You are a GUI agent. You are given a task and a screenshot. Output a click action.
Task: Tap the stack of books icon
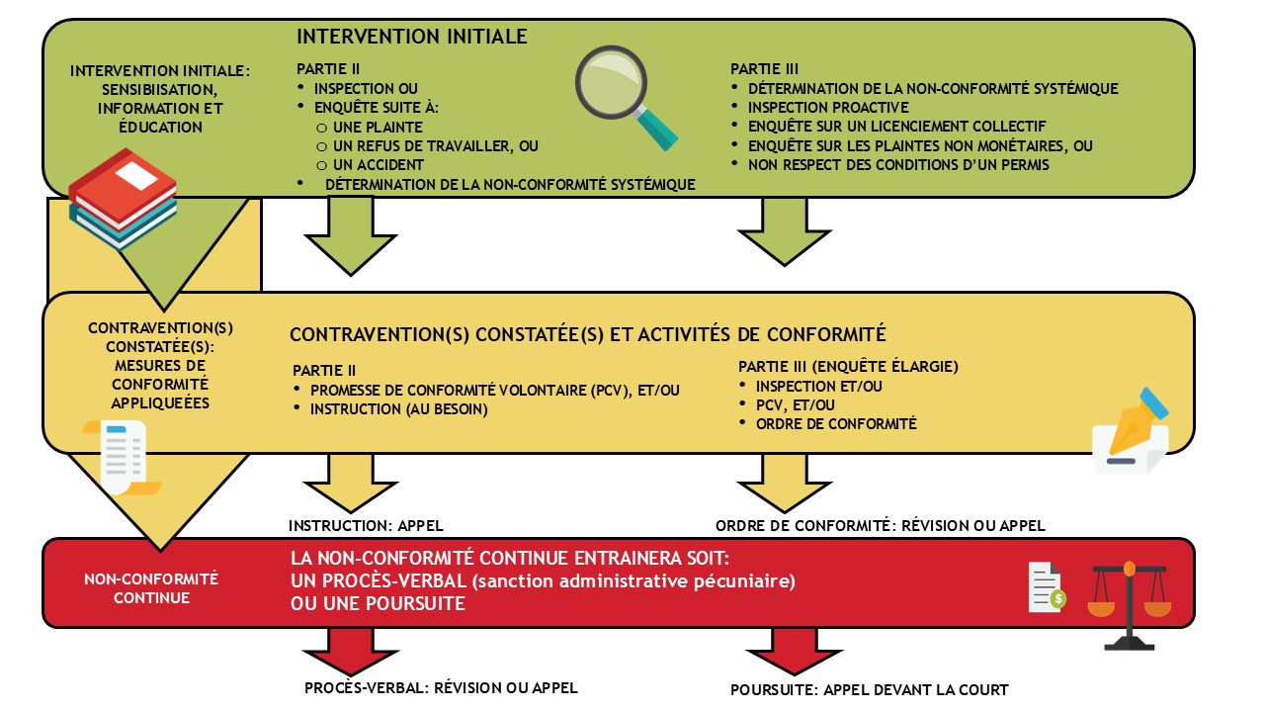click(x=122, y=198)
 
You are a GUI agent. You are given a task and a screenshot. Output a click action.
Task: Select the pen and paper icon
click(x=1133, y=433)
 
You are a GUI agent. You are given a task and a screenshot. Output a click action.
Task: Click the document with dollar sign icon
click(x=1046, y=586)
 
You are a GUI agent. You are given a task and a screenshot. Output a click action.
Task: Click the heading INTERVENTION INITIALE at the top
click(x=412, y=37)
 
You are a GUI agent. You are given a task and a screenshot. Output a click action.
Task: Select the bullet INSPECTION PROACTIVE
click(x=828, y=107)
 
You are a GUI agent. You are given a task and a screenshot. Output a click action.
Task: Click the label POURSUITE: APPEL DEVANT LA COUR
click(x=869, y=690)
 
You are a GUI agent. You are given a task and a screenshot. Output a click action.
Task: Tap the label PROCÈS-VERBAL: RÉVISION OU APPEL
click(x=441, y=687)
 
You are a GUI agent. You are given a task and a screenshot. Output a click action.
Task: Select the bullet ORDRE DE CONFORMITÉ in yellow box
click(x=836, y=423)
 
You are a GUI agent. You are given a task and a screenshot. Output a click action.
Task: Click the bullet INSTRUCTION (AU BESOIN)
click(x=399, y=408)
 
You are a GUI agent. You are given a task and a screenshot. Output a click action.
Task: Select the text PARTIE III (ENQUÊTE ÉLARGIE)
click(x=848, y=366)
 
